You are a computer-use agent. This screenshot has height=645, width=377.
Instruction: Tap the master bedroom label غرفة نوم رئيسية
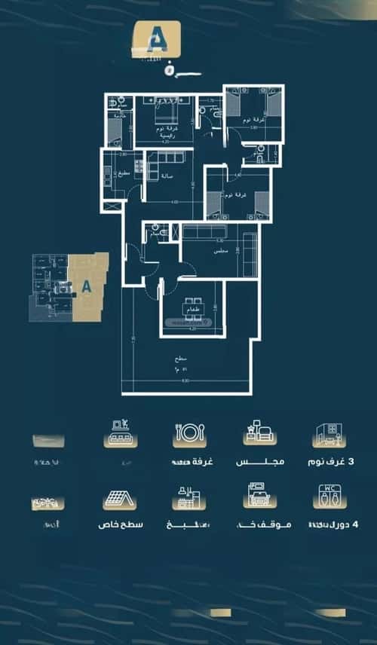click(172, 133)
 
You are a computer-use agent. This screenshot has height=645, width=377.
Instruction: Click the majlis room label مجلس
click(222, 252)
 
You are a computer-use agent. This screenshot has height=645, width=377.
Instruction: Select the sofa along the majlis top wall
click(204, 232)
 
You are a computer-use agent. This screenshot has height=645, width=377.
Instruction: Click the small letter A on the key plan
click(86, 286)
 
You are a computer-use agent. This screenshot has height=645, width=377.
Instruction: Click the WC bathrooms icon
click(330, 497)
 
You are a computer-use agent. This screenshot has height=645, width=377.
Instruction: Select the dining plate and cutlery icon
click(190, 435)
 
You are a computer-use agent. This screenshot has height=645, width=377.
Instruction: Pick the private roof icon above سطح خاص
click(120, 500)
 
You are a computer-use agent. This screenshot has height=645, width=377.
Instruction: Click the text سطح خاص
click(121, 524)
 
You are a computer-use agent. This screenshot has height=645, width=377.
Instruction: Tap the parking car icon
click(259, 497)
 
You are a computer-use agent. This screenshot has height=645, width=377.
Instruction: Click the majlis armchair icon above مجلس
click(260, 434)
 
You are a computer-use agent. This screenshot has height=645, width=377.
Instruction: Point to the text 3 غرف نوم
click(332, 461)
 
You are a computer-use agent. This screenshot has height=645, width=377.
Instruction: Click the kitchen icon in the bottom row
click(189, 498)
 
